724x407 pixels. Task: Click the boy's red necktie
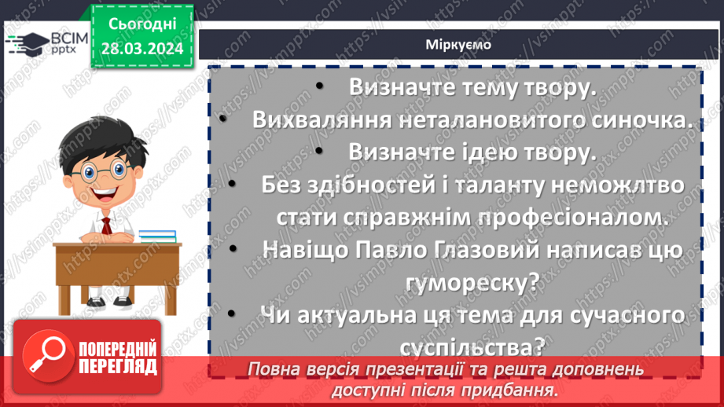tap(104, 225)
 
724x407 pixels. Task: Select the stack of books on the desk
tap(157, 235)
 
